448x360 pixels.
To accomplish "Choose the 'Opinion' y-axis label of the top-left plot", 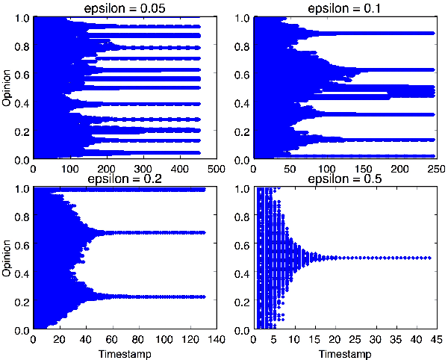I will pos(7,88).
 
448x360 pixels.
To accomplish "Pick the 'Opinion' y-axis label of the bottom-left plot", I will pos(7,259).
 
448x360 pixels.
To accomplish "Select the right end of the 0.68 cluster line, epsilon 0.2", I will pos(203,233).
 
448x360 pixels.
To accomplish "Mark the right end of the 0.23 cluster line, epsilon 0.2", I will pos(203,297).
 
